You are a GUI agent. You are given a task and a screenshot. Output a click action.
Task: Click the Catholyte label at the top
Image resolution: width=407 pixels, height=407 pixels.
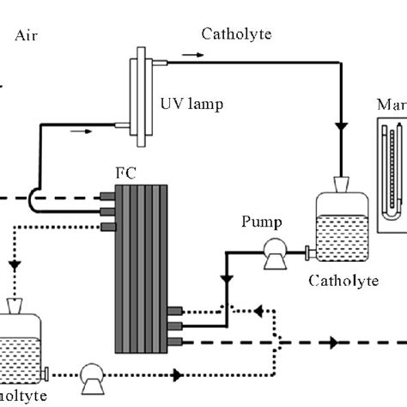236,34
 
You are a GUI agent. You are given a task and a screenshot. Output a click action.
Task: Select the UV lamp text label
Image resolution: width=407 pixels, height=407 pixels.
191,105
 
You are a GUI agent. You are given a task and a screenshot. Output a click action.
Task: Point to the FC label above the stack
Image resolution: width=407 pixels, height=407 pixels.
125,171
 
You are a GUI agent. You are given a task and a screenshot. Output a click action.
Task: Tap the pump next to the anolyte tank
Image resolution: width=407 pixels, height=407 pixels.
91,374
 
